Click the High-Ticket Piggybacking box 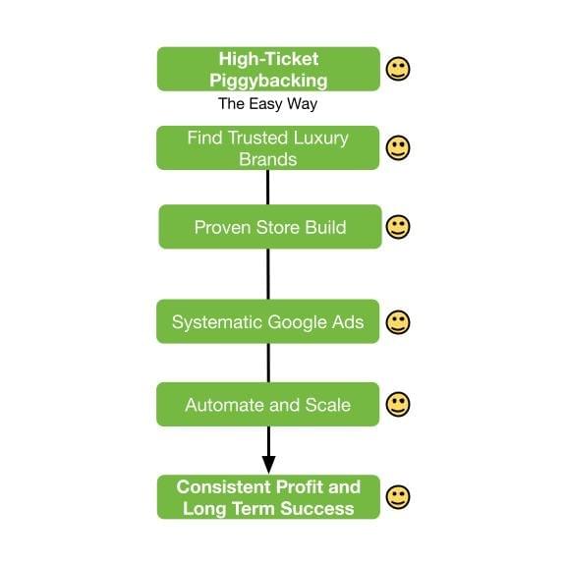268,69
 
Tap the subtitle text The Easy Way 268,104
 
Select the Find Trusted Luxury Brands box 268,148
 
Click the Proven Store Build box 270,227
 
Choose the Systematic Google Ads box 268,321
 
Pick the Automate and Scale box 268,404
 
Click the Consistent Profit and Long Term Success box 268,497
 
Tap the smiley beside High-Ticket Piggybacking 398,69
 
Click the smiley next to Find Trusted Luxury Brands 398,147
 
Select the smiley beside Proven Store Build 398,227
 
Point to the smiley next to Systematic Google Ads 398,322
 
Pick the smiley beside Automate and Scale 398,404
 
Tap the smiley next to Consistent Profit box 398,497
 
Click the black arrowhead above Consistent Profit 268,465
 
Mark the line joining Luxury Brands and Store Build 268,188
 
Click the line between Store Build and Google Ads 268,274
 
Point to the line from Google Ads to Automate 268,363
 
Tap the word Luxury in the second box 321,139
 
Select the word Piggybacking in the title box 268,81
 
